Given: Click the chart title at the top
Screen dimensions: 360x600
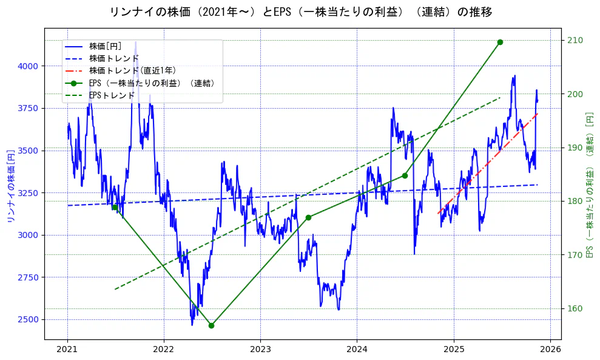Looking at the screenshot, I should [x=300, y=12].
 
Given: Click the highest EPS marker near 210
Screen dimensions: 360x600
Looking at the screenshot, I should [x=500, y=42].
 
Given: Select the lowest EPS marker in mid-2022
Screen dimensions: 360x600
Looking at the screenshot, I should [x=211, y=325].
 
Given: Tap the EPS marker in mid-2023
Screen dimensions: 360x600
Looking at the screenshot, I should [x=308, y=217].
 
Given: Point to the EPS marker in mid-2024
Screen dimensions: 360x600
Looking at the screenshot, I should [x=405, y=175].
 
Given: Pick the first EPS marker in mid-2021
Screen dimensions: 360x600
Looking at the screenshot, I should [x=115, y=207].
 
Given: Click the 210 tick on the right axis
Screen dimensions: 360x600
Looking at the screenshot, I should [x=574, y=40].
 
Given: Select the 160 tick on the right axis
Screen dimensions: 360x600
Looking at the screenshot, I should [x=574, y=308].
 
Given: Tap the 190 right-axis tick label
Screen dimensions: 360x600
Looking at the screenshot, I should [x=574, y=148].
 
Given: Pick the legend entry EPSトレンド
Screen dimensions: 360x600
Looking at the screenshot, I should [x=112, y=95].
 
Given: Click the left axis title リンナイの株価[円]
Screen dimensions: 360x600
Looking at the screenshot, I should [x=10, y=185].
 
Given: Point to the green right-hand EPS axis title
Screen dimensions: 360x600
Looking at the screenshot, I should [x=589, y=185].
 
